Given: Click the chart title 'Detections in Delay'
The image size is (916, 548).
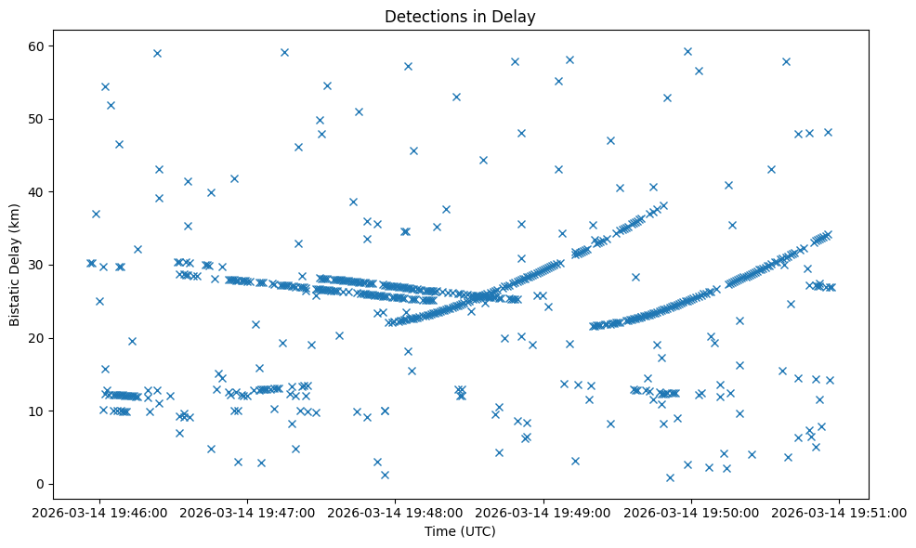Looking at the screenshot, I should [x=461, y=17].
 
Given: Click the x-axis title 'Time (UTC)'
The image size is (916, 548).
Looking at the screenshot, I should [x=461, y=531].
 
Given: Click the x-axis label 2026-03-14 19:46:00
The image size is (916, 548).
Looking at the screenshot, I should [x=100, y=511].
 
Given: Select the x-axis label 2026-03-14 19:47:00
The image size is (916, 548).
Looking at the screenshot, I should [x=248, y=511].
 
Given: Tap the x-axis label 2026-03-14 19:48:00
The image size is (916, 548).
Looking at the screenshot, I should [x=396, y=511].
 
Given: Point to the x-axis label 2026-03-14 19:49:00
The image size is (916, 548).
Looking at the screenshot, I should [x=543, y=511].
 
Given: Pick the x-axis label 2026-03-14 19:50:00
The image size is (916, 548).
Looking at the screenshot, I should [x=691, y=511].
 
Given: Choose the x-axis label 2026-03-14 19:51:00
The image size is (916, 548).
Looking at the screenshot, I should [x=839, y=511].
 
